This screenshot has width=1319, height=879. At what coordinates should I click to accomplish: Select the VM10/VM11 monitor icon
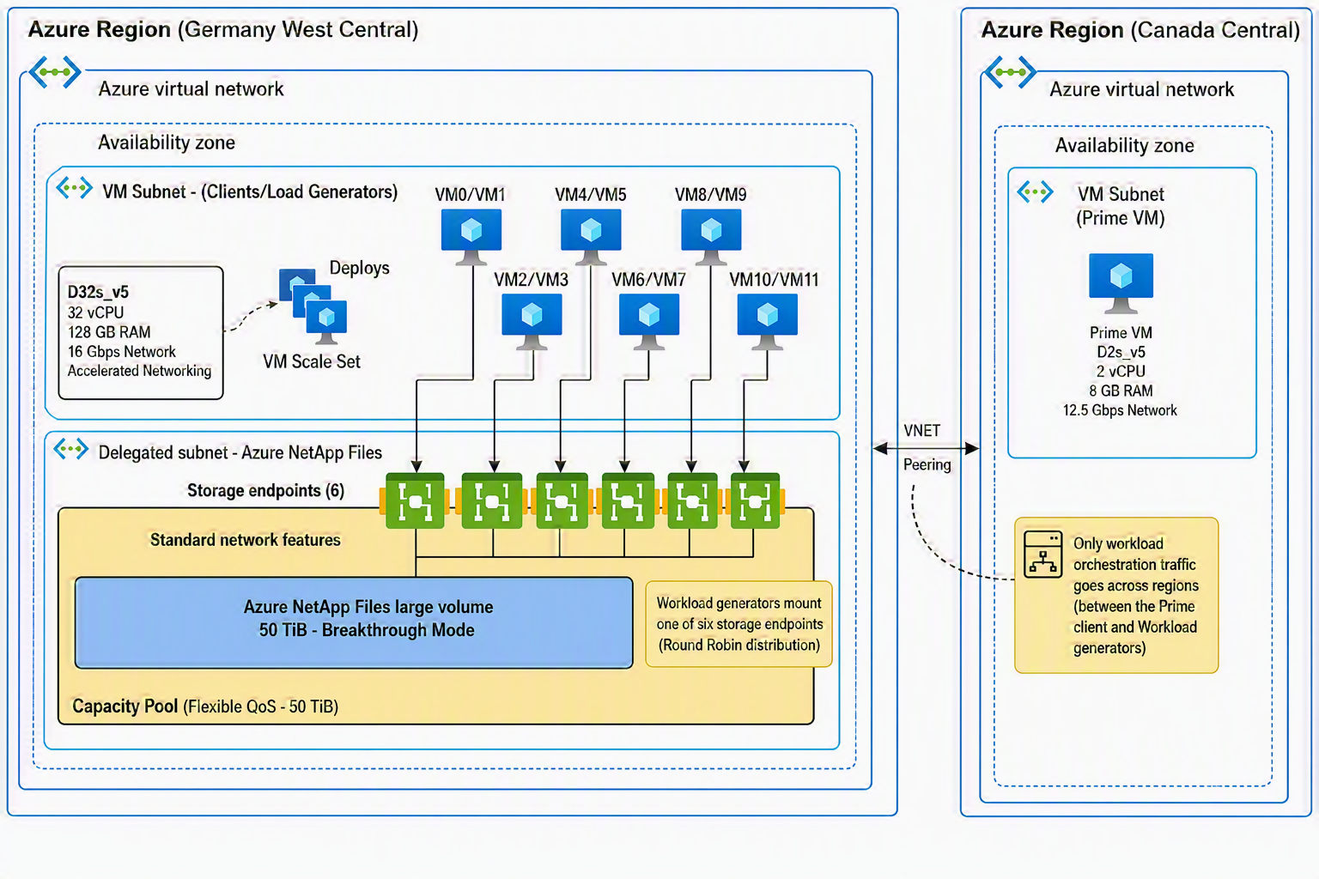pyautogui.click(x=767, y=322)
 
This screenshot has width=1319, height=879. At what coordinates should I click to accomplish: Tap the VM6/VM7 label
pyautogui.click(x=648, y=280)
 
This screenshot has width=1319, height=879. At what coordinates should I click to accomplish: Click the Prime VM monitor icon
pyautogui.click(x=1121, y=283)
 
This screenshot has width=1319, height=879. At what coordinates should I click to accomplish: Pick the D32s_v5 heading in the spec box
pyautogui.click(x=98, y=292)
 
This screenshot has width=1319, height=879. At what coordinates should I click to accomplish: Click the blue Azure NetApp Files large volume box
pyautogui.click(x=354, y=622)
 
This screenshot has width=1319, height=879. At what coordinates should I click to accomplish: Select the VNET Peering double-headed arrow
pyautogui.click(x=927, y=449)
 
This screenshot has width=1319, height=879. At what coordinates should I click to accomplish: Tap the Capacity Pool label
pyautogui.click(x=125, y=706)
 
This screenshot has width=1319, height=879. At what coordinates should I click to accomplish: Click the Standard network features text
pyautogui.click(x=245, y=540)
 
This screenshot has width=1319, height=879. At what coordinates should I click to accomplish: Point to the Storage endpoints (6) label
pyautogui.click(x=265, y=490)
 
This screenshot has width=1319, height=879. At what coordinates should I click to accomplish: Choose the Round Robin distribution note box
pyautogui.click(x=739, y=624)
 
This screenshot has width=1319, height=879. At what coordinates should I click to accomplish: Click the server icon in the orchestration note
pyautogui.click(x=1042, y=554)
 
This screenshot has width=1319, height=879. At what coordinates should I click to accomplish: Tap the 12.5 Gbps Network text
pyautogui.click(x=1120, y=410)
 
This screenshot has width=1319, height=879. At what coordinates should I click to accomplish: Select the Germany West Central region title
pyautogui.click(x=223, y=29)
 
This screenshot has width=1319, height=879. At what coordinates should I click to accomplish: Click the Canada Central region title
pyautogui.click(x=1140, y=30)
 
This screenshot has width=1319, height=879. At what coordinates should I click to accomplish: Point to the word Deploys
pyautogui.click(x=359, y=268)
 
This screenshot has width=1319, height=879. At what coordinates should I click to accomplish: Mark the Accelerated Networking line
pyautogui.click(x=139, y=371)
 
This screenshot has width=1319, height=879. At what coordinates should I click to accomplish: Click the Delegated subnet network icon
pyautogui.click(x=70, y=450)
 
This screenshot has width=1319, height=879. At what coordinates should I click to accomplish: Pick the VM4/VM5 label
pyautogui.click(x=591, y=195)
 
